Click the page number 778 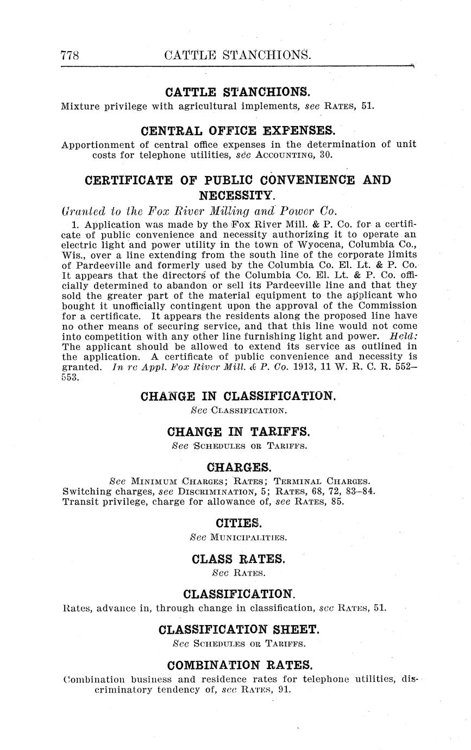pyautogui.click(x=71, y=55)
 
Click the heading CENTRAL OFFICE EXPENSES pyautogui.click(x=238, y=131)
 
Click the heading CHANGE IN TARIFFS pyautogui.click(x=239, y=432)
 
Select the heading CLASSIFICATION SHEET pyautogui.click(x=239, y=630)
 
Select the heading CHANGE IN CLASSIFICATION pyautogui.click(x=238, y=396)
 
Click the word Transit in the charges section pyautogui.click(x=80, y=502)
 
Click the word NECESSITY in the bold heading pyautogui.click(x=237, y=195)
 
